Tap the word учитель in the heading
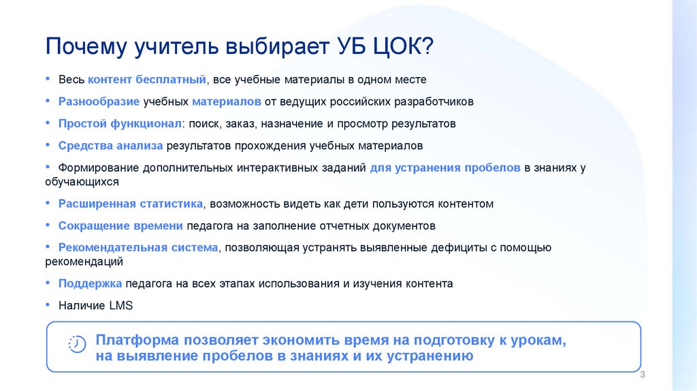[170, 49]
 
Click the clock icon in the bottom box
[77, 344]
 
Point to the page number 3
[643, 376]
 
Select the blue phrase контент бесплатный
[146, 80]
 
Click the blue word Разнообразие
[99, 101]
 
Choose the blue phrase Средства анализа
[110, 146]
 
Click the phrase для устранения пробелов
[445, 168]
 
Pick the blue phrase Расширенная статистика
[131, 204]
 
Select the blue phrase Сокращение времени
[120, 225]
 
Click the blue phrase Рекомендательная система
[138, 247]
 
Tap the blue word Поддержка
[90, 283]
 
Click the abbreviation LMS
[120, 306]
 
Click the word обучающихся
[83, 182]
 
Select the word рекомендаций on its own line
[84, 262]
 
